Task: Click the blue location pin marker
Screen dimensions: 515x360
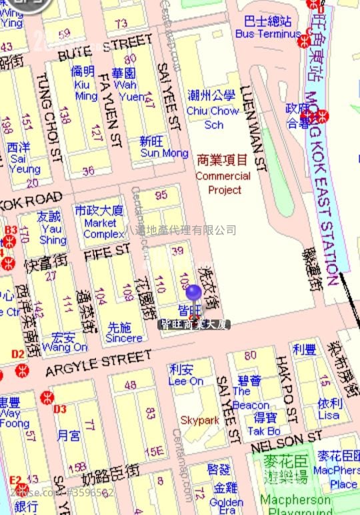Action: point(193,294)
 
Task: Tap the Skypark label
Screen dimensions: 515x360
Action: point(199,420)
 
